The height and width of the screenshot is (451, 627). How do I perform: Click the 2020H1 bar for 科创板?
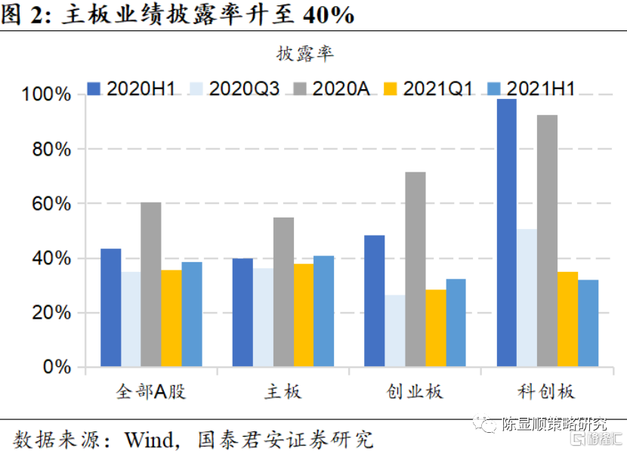coord(507,233)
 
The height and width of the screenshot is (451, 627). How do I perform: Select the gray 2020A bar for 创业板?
coord(415,269)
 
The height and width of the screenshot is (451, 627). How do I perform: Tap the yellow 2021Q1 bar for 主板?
coord(304,315)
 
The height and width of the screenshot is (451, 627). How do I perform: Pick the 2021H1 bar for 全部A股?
coord(192,314)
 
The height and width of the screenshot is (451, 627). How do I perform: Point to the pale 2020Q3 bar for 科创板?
coord(527,298)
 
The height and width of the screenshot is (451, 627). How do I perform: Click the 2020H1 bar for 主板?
coord(242,312)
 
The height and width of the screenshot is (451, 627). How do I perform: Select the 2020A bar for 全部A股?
coord(151,284)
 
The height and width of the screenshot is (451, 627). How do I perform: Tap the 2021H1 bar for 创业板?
coord(456,323)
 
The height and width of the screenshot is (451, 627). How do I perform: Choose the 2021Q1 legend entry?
coord(428,88)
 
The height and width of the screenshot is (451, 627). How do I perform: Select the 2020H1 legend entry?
coord(131,88)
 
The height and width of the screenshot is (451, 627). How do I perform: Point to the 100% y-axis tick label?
coord(46,94)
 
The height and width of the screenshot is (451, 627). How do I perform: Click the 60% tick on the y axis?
coord(51,204)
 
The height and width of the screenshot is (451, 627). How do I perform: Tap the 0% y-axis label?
coord(57,366)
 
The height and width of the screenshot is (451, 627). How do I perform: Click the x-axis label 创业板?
coord(415,391)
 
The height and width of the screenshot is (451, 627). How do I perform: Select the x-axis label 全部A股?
coord(151,391)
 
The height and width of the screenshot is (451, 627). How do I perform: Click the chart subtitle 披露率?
coord(304,54)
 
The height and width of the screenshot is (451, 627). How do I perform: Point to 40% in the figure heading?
coord(329,15)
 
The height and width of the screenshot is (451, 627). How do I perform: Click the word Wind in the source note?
coord(149,440)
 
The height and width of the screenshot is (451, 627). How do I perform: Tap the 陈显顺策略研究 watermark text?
coord(554,424)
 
